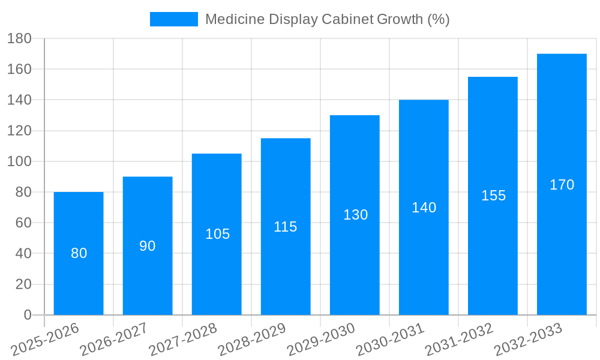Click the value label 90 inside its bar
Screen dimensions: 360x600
(x=148, y=246)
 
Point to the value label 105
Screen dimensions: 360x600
(x=217, y=234)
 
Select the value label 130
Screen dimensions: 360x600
(x=355, y=215)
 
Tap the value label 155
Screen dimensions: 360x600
(x=493, y=196)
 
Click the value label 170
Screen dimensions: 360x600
(x=562, y=185)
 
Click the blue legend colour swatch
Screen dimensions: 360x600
(x=173, y=19)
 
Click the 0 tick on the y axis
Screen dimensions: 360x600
(x=27, y=315)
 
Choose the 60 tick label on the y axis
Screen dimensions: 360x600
(x=23, y=223)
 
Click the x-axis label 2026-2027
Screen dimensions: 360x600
(x=114, y=340)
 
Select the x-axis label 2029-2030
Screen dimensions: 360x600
(x=321, y=340)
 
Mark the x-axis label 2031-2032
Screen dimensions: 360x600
(x=459, y=340)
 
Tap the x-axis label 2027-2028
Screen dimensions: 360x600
(x=183, y=340)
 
